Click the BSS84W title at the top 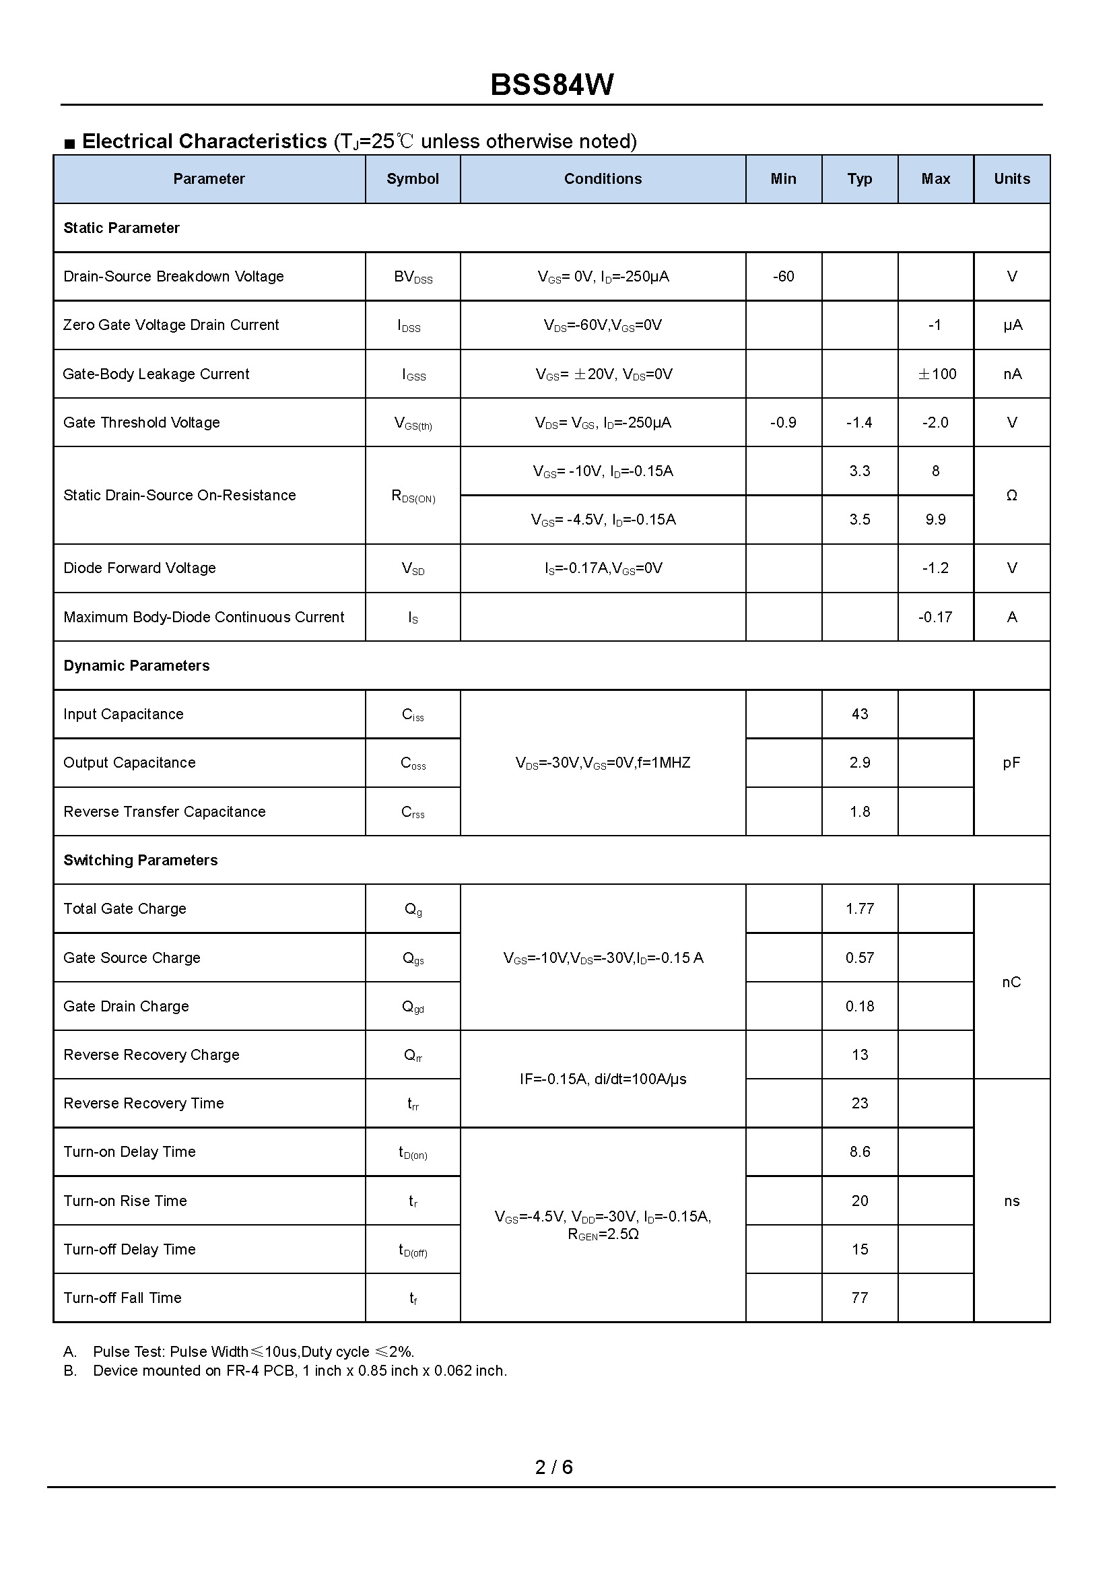552,85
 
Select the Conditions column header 603,179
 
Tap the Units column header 1012,179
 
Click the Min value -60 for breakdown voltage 783,277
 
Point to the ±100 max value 937,374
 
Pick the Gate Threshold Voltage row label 141,423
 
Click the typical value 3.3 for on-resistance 860,471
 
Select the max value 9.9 935,520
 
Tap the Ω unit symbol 1011,496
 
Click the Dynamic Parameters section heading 137,666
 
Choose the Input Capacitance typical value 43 860,714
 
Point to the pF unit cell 1011,763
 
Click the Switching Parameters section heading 141,861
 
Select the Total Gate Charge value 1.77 860,909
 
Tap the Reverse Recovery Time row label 143,1104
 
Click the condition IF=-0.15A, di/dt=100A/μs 603,1079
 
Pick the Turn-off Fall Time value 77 860,1298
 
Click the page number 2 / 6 553,1467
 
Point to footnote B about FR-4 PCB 300,1371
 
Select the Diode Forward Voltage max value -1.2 935,568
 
